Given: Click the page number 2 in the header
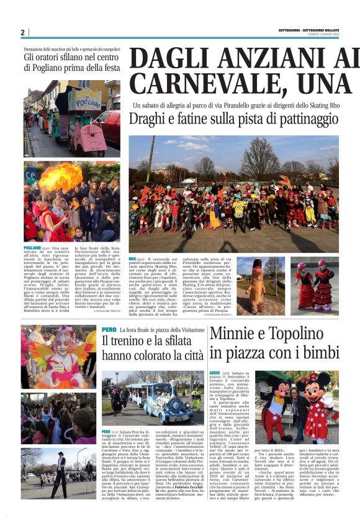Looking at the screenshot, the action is (x=22, y=32).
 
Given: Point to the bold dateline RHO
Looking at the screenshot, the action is (x=132, y=258).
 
